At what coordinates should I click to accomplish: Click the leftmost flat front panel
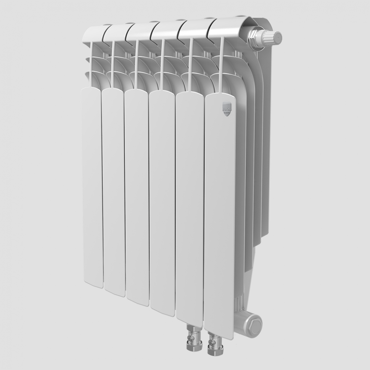(x=92, y=187)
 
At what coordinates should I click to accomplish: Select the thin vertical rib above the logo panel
(x=221, y=65)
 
